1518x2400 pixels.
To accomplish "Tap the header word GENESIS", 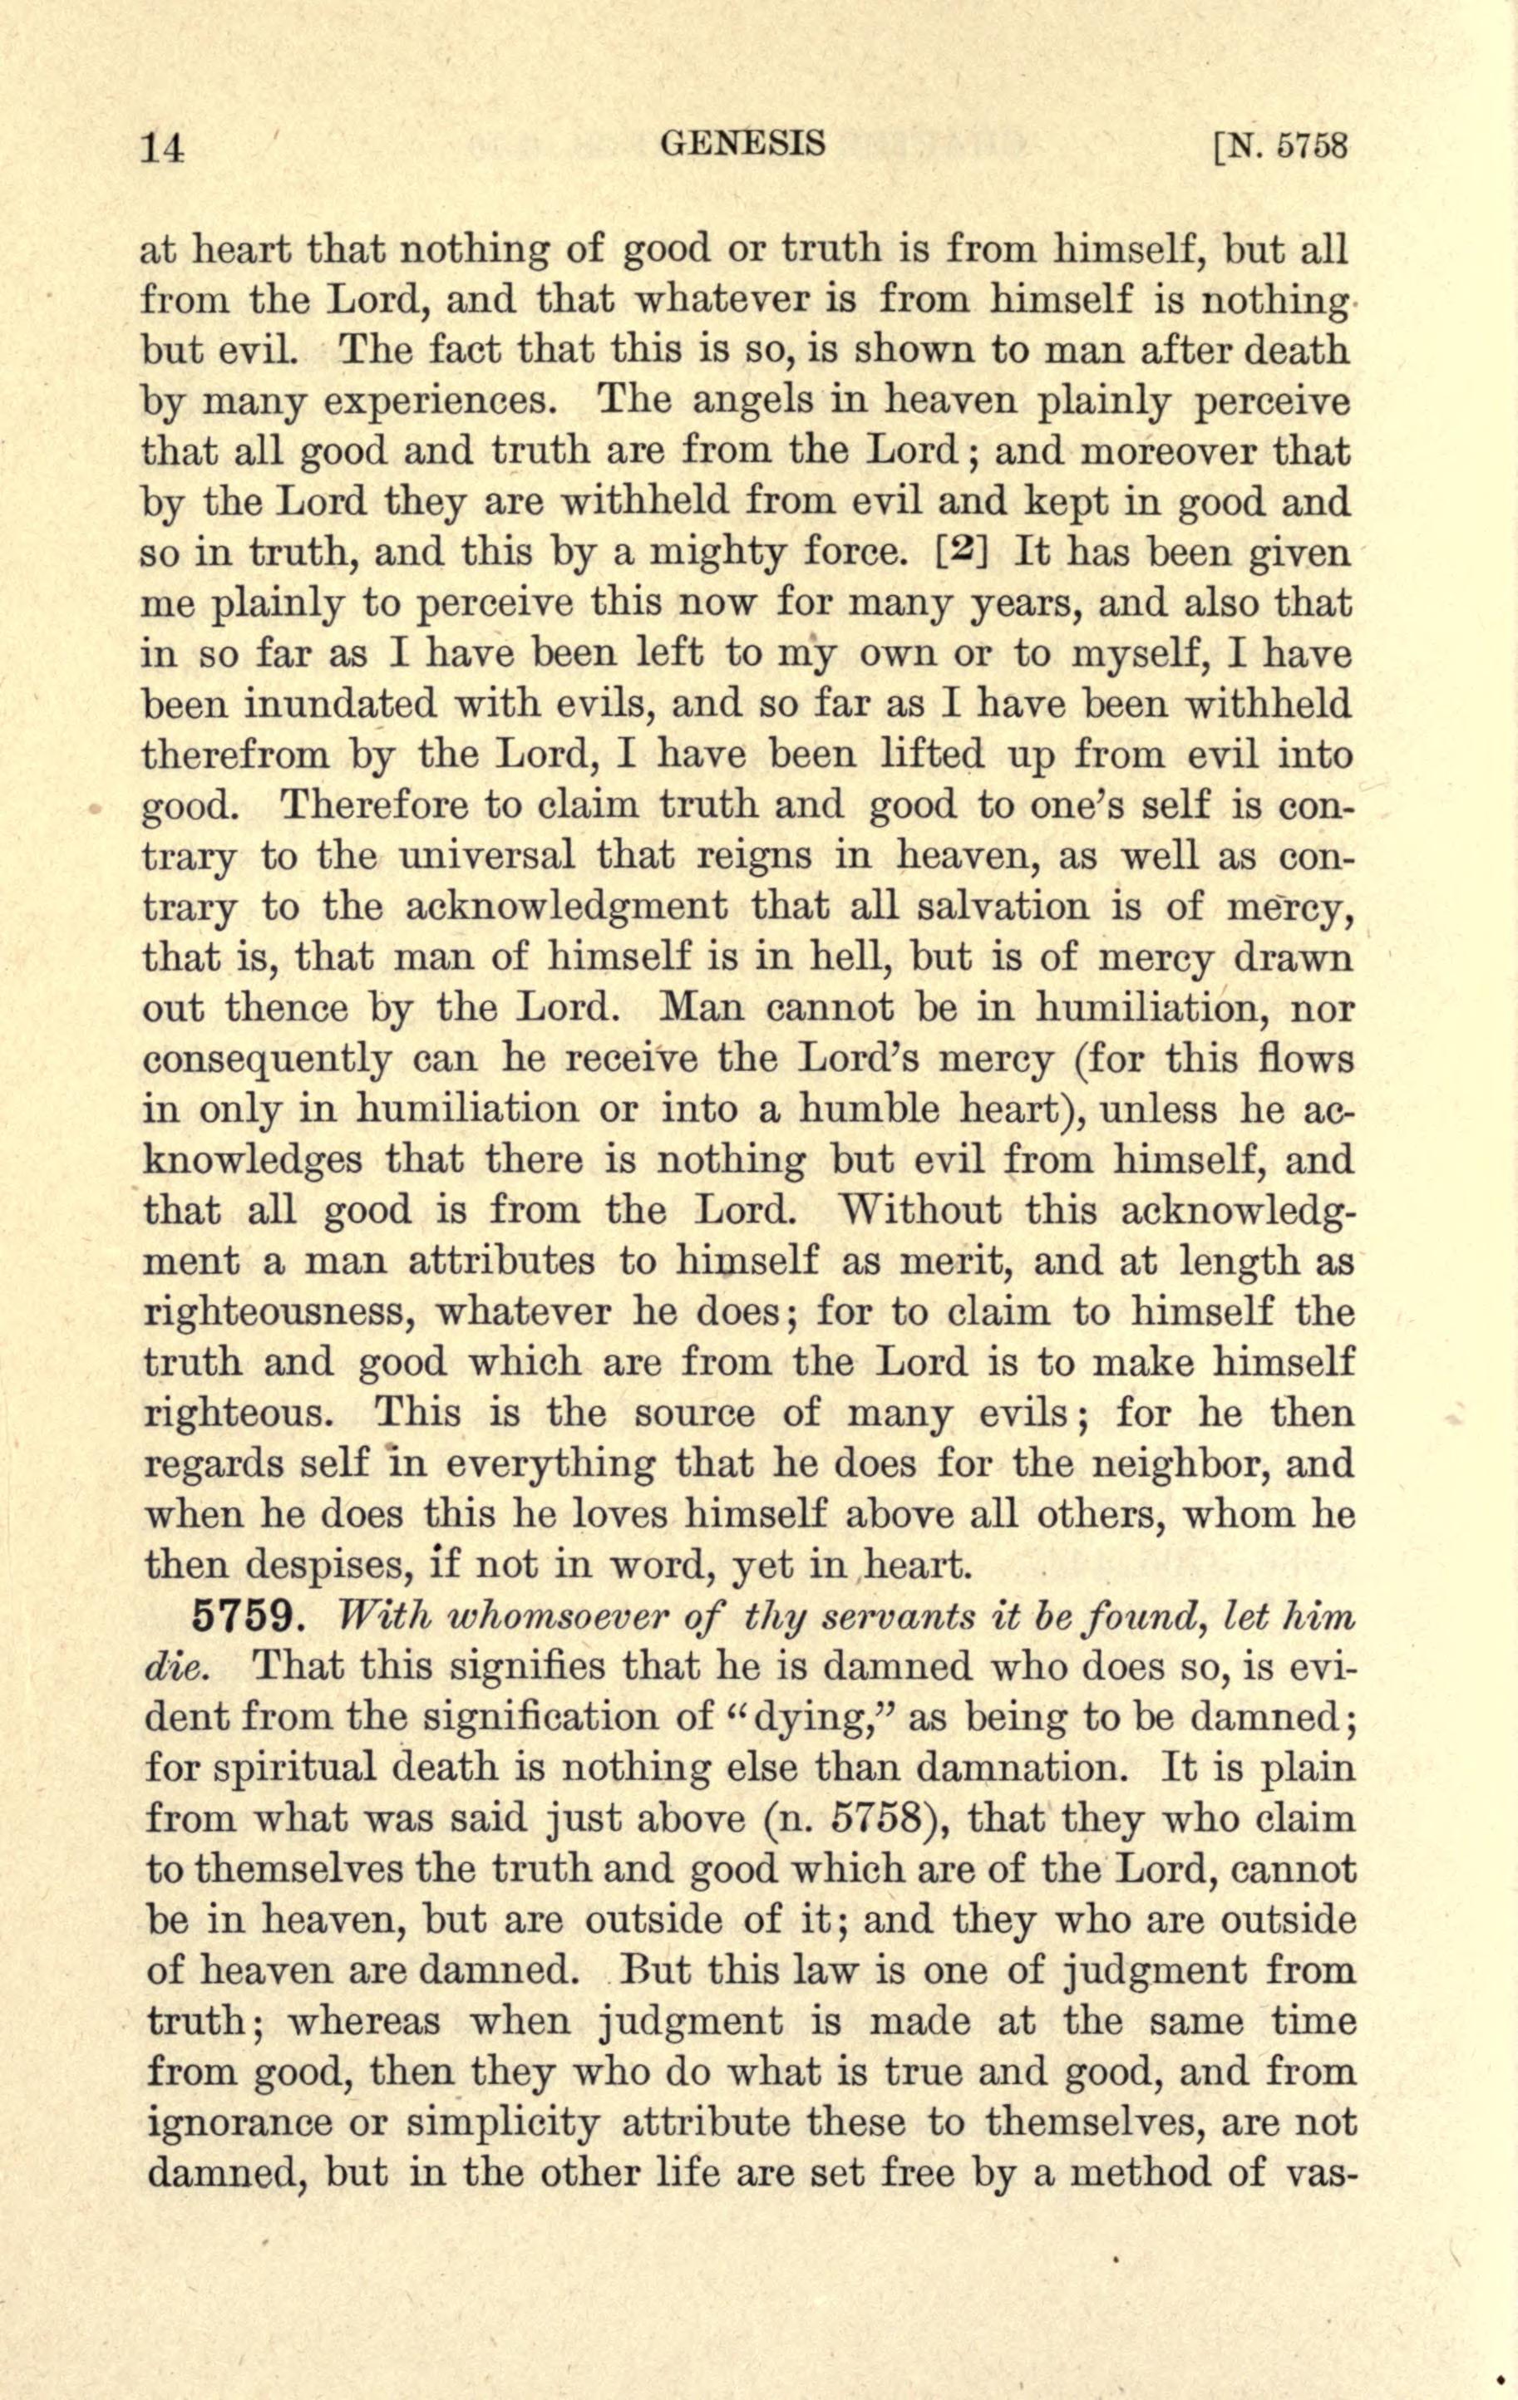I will (x=743, y=144).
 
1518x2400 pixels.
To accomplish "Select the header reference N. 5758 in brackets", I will (x=1279, y=146).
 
